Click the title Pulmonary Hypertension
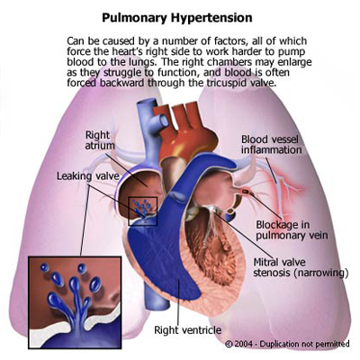coord(177,18)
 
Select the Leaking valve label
coord(88,175)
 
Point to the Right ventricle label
coord(187,330)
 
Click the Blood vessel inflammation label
coord(272,144)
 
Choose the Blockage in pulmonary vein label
coord(292,229)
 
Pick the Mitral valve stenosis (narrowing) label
coord(301,267)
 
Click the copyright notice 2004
coord(287,344)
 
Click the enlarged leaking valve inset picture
coord(75,302)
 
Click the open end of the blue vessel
coord(164,121)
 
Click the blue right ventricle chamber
coord(162,255)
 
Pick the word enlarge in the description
coord(293,62)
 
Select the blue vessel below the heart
coord(156,297)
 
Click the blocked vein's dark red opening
coord(246,190)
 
